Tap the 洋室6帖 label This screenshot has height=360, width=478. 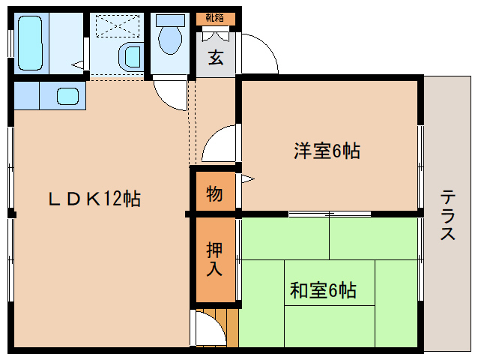click(327, 151)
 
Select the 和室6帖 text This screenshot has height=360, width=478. click(323, 289)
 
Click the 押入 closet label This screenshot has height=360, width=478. click(214, 259)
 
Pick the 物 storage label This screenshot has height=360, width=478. click(214, 193)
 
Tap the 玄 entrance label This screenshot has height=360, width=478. click(216, 58)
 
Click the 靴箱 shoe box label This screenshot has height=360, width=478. click(215, 17)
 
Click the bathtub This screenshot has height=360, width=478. click(31, 43)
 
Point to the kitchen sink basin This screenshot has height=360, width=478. click(68, 97)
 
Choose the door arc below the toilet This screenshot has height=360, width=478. click(171, 94)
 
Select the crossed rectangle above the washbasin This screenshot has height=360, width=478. click(116, 25)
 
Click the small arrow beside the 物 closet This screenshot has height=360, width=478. click(246, 179)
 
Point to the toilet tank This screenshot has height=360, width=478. click(171, 20)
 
